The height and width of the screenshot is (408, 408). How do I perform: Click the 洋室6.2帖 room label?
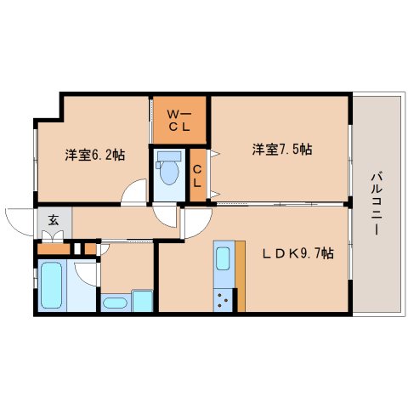coord(95,155)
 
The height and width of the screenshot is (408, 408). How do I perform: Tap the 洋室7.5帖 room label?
coord(282,150)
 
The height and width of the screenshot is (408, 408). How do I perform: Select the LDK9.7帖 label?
coord(297,253)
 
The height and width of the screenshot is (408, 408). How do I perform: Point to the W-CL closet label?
coord(179,121)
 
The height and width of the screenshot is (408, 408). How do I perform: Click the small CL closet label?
coord(197,176)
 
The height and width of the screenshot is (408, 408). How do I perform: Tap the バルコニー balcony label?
coord(376,203)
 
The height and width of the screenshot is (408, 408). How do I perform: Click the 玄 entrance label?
coord(54,220)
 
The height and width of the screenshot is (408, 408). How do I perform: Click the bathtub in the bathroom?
coord(52,285)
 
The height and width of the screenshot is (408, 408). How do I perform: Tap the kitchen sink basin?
coord(223,258)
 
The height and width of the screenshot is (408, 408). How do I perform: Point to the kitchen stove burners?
coord(223,300)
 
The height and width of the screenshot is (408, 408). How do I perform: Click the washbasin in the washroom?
coord(115,303)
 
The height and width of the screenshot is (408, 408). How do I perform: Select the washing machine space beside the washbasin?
coord(143,301)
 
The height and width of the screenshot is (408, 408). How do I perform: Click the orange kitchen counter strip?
coord(241,276)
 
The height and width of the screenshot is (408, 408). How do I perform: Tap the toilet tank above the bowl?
coord(169,156)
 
